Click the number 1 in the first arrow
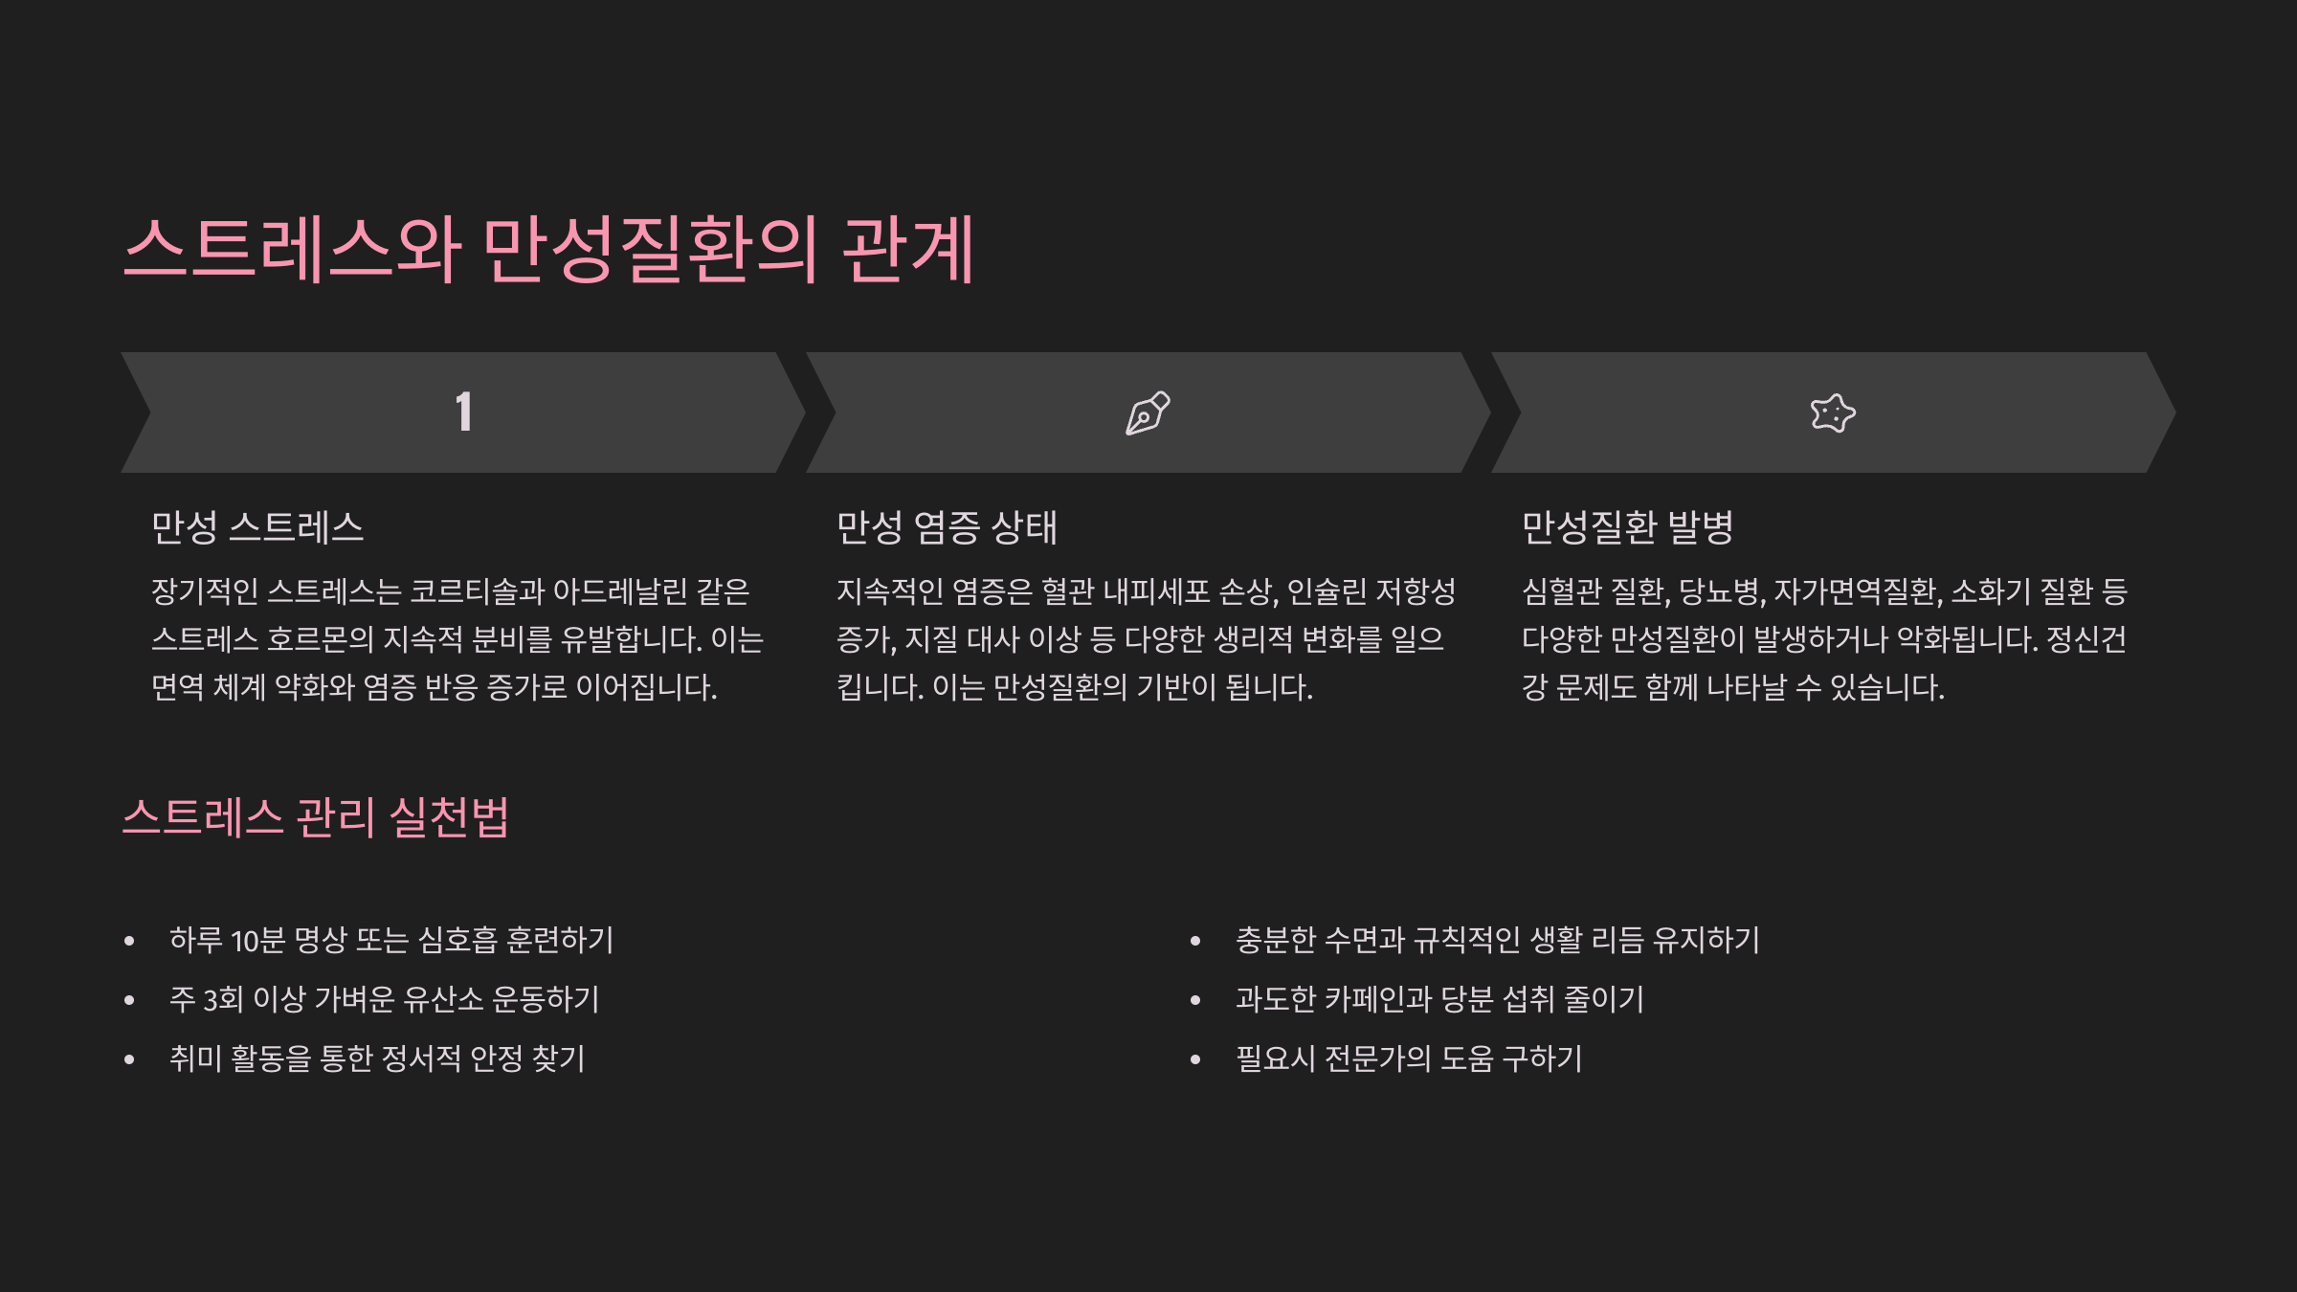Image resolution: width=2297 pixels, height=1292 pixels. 464,412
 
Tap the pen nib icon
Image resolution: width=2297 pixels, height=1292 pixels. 1148,413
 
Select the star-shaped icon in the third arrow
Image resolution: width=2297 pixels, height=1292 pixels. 1833,413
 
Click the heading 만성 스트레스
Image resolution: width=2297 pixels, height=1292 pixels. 257,527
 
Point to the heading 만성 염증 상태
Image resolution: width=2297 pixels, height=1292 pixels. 947,527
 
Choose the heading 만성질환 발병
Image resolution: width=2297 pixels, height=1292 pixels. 1627,527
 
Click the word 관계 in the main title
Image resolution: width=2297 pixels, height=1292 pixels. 907,250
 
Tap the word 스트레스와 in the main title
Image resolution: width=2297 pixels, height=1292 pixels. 293,250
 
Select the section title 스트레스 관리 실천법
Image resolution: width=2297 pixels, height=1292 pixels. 316,817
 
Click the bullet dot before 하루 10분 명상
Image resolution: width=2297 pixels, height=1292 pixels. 129,942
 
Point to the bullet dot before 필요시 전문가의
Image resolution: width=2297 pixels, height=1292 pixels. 1195,1059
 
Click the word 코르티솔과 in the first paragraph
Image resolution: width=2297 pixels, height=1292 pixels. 478,591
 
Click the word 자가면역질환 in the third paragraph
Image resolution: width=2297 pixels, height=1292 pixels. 1858,591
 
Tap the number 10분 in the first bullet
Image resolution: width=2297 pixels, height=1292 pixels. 258,941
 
